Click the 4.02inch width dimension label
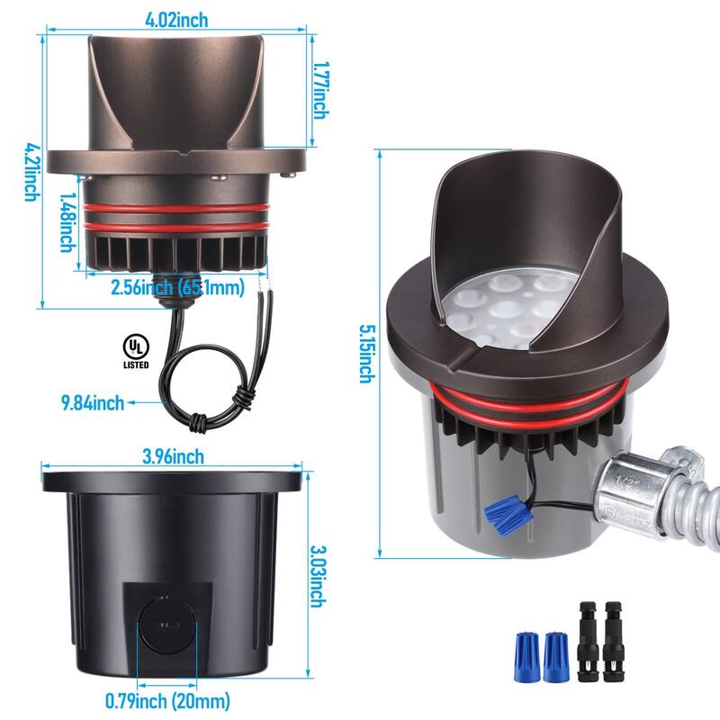[176, 20]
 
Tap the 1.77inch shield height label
[321, 90]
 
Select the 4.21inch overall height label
[32, 172]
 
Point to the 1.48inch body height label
[68, 221]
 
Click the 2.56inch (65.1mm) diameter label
[177, 287]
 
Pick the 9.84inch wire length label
[93, 402]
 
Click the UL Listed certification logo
[136, 351]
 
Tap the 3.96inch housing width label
[173, 456]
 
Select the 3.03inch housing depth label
[319, 576]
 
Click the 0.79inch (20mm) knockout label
[167, 701]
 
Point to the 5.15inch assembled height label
[367, 354]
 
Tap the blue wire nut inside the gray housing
[507, 513]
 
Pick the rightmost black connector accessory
[614, 641]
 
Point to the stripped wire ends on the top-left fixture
[263, 281]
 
